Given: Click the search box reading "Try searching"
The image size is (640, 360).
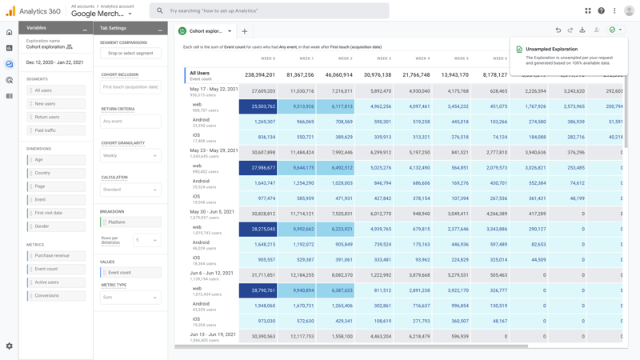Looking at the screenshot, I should pyautogui.click(x=272, y=10).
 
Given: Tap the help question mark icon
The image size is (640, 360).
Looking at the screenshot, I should pyautogui.click(x=602, y=10).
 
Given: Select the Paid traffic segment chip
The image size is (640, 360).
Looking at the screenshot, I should pyautogui.click(x=56, y=130).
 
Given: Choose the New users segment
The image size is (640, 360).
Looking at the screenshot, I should pyautogui.click(x=56, y=104).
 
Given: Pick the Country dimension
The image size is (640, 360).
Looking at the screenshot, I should pyautogui.click(x=56, y=173).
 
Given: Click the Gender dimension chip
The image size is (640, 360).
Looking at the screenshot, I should pyautogui.click(x=56, y=226).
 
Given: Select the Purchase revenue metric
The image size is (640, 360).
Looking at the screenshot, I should pyautogui.click(x=56, y=256).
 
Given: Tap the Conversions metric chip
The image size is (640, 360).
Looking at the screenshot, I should pyautogui.click(x=56, y=296).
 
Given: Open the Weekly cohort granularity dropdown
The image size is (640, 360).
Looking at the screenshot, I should pyautogui.click(x=130, y=156).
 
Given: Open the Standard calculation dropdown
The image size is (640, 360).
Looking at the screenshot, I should pyautogui.click(x=130, y=190).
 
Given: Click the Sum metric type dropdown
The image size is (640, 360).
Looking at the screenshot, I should pyautogui.click(x=130, y=298).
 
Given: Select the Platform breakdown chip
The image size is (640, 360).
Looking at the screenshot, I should pyautogui.click(x=130, y=222).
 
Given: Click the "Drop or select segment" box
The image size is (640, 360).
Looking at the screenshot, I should pyautogui.click(x=130, y=54).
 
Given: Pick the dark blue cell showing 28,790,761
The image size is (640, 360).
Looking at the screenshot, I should pyautogui.click(x=258, y=291).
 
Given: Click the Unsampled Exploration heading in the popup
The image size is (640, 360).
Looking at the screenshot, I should pyautogui.click(x=551, y=50).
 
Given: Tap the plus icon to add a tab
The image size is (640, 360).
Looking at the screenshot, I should pyautogui.click(x=245, y=31).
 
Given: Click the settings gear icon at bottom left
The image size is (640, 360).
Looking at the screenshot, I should pyautogui.click(x=10, y=346).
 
